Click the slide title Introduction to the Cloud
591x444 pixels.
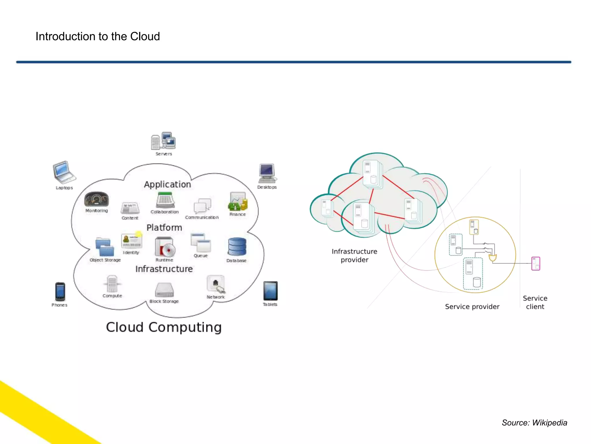[98, 36]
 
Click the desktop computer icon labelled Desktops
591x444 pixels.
[267, 173]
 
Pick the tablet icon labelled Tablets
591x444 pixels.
[270, 291]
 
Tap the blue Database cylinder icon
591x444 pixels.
[237, 247]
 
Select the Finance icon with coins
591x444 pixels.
[238, 201]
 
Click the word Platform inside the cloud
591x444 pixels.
[164, 227]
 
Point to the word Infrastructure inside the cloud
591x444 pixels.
[164, 269]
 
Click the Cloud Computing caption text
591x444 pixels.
[164, 327]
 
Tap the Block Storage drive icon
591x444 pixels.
[164, 290]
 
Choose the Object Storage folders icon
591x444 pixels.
[105, 247]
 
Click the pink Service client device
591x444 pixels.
[536, 263]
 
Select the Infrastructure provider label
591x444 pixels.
[354, 256]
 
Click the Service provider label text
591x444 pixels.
[472, 306]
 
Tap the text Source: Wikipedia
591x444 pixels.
[534, 423]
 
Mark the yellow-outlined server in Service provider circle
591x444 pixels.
[474, 227]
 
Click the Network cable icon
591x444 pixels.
[216, 284]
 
